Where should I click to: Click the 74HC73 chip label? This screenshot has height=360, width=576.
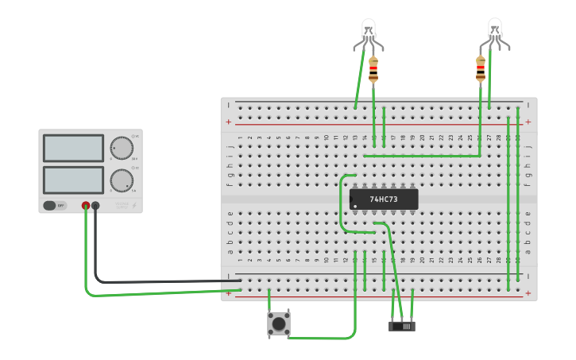pyautogui.click(x=384, y=199)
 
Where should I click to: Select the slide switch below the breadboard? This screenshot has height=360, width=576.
pyautogui.click(x=402, y=326)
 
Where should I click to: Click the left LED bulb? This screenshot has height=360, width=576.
pyautogui.click(x=369, y=31)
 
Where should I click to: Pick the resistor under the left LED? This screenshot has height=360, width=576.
pyautogui.click(x=373, y=70)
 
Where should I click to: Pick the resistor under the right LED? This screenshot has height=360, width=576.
pyautogui.click(x=481, y=69)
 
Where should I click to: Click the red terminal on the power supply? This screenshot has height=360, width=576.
pyautogui.click(x=86, y=206)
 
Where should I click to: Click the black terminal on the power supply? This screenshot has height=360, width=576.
pyautogui.click(x=95, y=206)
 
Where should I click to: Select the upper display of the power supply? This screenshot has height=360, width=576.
pyautogui.click(x=73, y=148)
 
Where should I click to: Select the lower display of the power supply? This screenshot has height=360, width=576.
pyautogui.click(x=73, y=180)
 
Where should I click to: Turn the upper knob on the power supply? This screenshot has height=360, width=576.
pyautogui.click(x=121, y=149)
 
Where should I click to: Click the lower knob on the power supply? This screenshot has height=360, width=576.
pyautogui.click(x=121, y=180)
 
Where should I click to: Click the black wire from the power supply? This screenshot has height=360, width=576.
pyautogui.click(x=159, y=281)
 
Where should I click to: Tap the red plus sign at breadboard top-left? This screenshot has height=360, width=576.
pyautogui.click(x=229, y=122)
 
